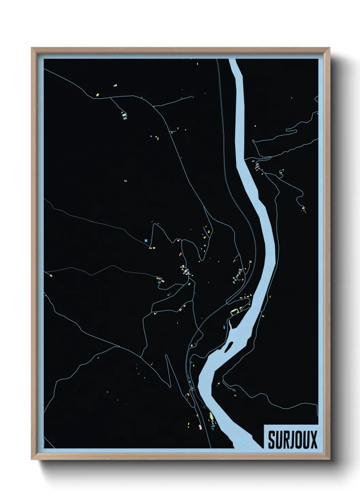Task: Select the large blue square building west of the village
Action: (146, 240)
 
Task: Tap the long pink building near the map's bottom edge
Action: (200, 426)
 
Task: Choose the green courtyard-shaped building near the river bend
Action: (234, 311)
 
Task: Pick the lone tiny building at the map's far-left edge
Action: (51, 275)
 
